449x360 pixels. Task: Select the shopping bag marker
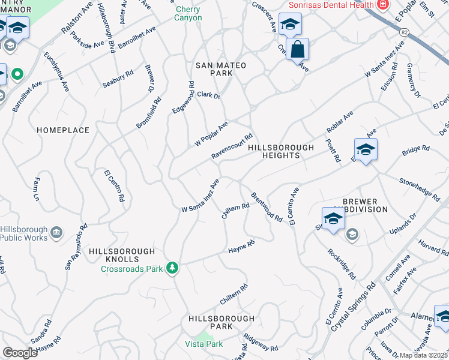[x=297, y=50]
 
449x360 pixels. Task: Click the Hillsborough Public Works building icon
[x=57, y=233]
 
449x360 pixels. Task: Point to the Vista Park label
[x=204, y=344]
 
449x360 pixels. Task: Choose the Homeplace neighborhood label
[x=63, y=130]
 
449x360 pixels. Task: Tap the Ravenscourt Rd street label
[x=232, y=146]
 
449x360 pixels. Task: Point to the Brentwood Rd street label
[x=267, y=207]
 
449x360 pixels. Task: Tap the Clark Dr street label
[x=209, y=95]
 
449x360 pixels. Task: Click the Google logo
[x=20, y=353]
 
